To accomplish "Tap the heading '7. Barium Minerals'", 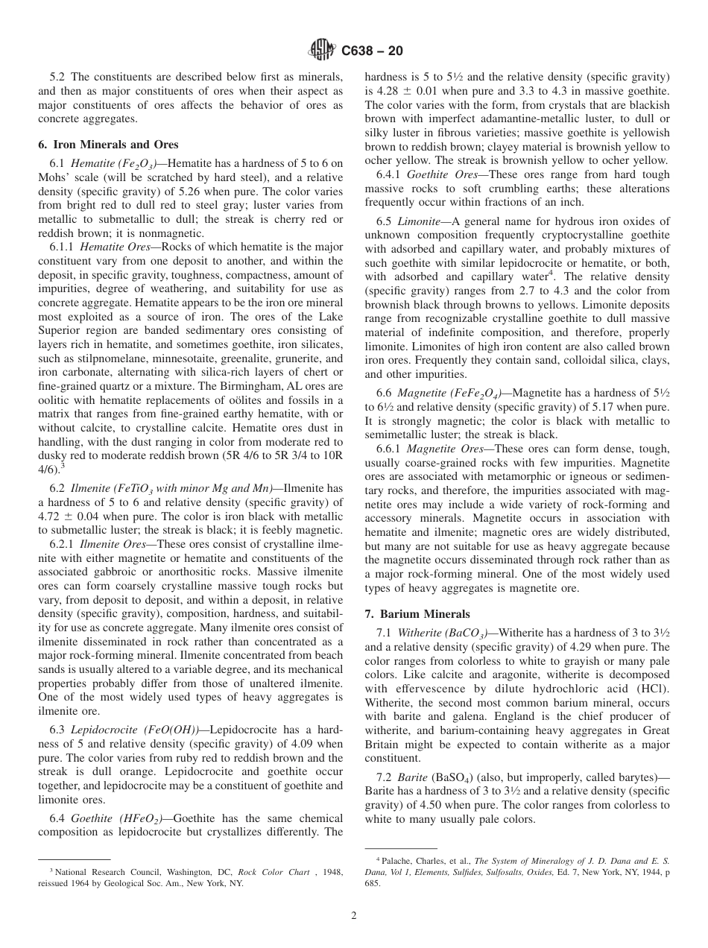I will (x=417, y=614).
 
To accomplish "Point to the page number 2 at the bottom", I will (x=354, y=916).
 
